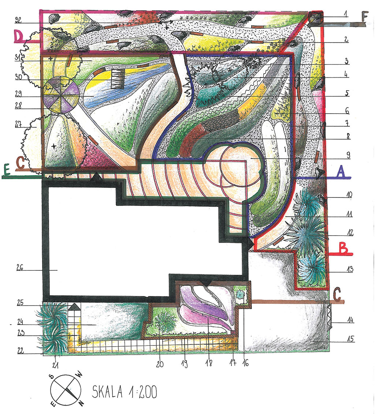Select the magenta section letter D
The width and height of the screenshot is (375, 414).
[x=18, y=36]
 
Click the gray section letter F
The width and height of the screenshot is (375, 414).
[x=364, y=17]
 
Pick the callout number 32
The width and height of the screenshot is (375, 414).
[x=18, y=20]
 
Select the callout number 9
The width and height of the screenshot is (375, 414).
[x=348, y=155]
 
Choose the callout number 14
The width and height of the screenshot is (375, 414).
[x=350, y=320]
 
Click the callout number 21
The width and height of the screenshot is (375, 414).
[x=55, y=365]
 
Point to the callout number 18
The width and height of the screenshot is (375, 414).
[x=209, y=363]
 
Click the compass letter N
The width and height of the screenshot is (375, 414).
[x=81, y=403]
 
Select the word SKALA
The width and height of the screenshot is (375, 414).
[x=107, y=392]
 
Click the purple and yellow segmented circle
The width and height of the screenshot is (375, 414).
[x=61, y=95]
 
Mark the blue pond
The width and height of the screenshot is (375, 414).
[x=124, y=85]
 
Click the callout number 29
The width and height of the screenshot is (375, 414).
[x=18, y=93]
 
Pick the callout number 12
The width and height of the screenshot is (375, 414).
[x=350, y=233]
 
